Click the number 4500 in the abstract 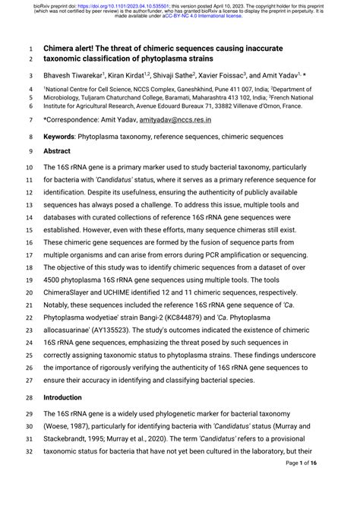(x=53, y=279)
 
